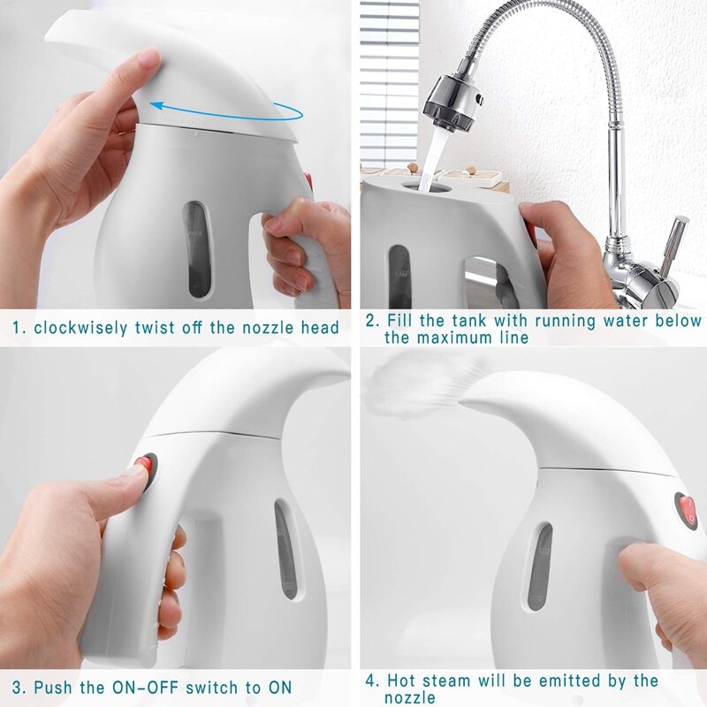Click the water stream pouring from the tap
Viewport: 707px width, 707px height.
(x=430, y=159)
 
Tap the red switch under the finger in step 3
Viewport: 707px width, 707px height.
(x=144, y=466)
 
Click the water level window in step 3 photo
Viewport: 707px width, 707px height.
(x=285, y=548)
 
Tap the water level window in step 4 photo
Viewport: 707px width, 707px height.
(x=539, y=566)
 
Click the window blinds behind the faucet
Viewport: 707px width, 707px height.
(x=389, y=80)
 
